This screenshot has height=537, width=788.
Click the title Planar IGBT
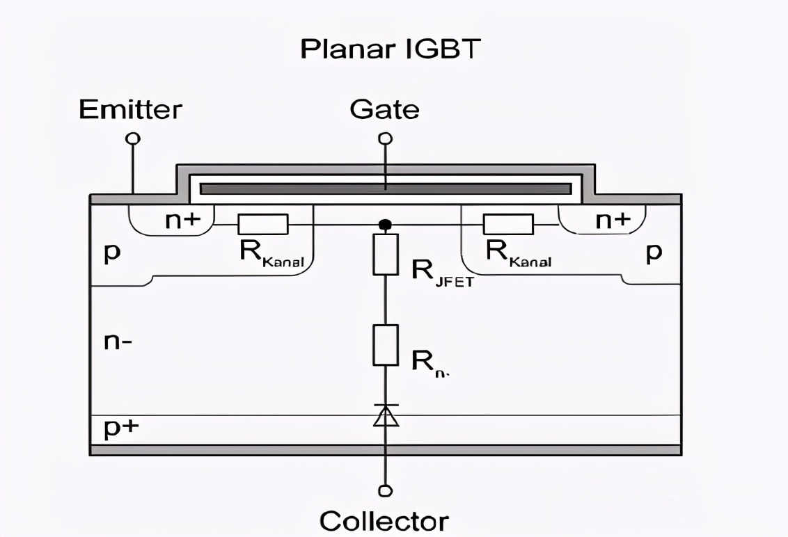(x=391, y=49)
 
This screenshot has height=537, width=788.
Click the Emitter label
(x=130, y=109)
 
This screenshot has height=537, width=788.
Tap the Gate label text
(x=384, y=109)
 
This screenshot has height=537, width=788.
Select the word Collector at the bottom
(x=384, y=520)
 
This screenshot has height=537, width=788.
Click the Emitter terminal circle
(x=132, y=138)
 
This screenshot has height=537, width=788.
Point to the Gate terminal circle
(x=385, y=138)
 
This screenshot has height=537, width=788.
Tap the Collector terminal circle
(x=385, y=491)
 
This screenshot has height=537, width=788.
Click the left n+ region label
(x=182, y=221)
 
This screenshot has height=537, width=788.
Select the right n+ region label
(x=613, y=221)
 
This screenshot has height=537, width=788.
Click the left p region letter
(x=111, y=253)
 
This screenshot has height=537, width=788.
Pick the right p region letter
(x=652, y=253)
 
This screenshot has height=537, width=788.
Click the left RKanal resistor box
(x=263, y=224)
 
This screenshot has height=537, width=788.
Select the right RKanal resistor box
(x=508, y=224)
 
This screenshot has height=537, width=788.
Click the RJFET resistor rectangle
(x=385, y=254)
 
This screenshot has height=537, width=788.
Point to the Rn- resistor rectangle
(x=385, y=345)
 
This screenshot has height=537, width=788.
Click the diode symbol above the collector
(x=385, y=415)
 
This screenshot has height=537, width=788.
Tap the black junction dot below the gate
(x=384, y=225)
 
